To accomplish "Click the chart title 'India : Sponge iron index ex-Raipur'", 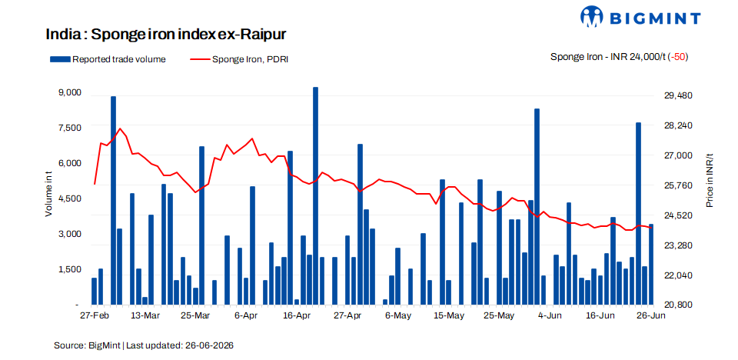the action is click(166, 35).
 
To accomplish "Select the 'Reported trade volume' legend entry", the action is click(108, 59).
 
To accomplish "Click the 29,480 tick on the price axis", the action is click(675, 95).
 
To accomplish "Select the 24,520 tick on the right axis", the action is click(675, 215).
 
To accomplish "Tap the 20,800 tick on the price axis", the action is click(675, 305).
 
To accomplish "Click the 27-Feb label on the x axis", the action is click(92, 315).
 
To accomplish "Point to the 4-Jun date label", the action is click(549, 315).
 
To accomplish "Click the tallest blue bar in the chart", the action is click(315, 195).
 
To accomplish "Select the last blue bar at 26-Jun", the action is click(651, 265).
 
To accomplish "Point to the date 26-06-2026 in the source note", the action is click(208, 345).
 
